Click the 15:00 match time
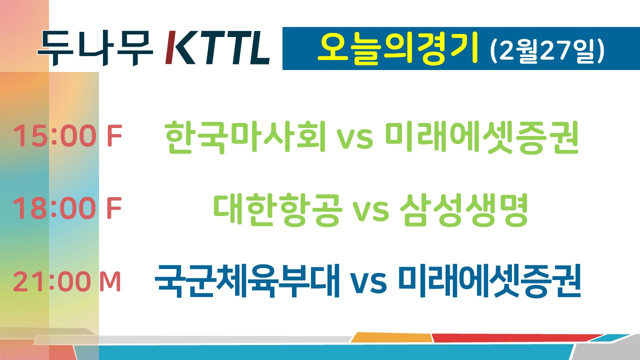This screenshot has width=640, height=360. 54,135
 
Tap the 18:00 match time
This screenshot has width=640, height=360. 54,208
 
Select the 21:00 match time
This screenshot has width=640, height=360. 52,281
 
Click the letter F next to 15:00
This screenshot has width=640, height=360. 114,135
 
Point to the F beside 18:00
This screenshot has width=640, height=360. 114,208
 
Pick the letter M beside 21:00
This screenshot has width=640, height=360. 110,281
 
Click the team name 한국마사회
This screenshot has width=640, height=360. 245,137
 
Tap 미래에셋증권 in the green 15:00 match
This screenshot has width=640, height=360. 481,137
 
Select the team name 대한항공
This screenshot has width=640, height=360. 277,210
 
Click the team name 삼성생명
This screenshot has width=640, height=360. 463,210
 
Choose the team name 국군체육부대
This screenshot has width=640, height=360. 247,281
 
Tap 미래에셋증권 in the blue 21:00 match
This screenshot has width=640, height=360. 489,281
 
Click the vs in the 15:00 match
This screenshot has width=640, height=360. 355,139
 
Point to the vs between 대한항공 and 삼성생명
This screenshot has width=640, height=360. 371,212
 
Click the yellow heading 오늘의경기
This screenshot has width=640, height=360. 397,48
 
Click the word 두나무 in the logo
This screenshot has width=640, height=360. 95,48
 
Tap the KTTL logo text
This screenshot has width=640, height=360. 217,48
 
